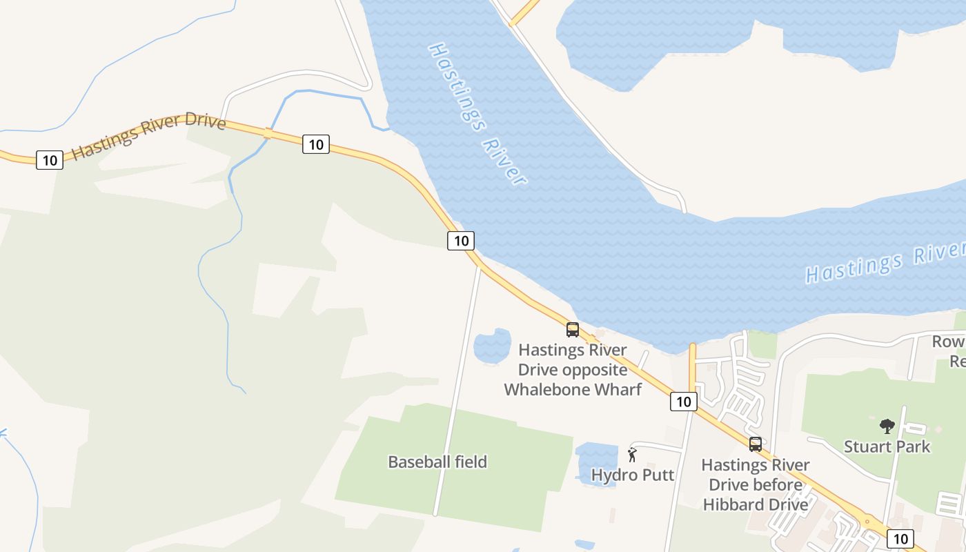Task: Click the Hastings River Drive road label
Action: click(148, 136)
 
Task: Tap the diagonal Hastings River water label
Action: click(477, 114)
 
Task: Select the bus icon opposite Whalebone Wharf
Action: click(573, 330)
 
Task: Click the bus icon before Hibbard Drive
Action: click(756, 444)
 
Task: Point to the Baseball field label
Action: click(437, 462)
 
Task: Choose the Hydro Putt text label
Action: click(633, 475)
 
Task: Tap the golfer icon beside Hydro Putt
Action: click(632, 455)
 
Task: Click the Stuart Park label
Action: click(887, 446)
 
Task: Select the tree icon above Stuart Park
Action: click(887, 426)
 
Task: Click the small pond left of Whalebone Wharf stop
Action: click(492, 346)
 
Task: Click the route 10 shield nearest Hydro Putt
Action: click(683, 402)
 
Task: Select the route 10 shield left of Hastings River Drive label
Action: click(50, 160)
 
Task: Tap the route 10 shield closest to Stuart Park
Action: click(900, 539)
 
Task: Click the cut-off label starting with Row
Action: click(948, 342)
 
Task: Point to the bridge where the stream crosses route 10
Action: click(268, 133)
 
